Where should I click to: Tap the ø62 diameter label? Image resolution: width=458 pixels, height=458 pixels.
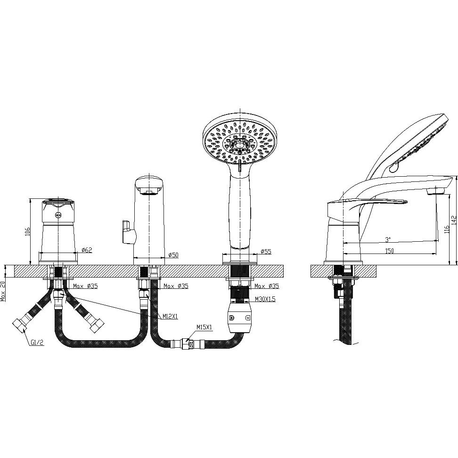coord(87,250)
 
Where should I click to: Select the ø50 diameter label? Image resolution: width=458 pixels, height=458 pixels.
coord(173,255)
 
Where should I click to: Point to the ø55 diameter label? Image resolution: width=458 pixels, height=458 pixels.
coord(266,251)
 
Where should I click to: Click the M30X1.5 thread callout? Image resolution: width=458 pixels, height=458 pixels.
coord(265,299)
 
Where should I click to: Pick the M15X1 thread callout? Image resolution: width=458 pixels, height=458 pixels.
coord(204,328)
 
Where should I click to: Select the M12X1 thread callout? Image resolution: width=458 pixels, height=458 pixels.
coord(170,316)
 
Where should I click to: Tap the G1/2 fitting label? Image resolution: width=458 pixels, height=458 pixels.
coord(37,343)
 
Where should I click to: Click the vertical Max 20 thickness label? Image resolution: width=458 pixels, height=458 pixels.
coord(3,292)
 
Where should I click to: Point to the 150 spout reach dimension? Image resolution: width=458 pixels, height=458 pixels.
coord(389,251)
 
